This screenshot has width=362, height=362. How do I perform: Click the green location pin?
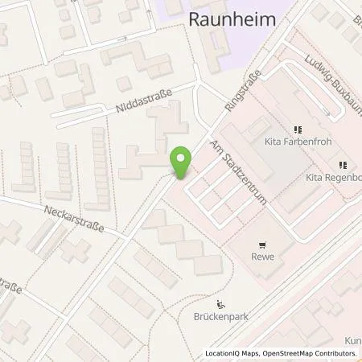pos(182,164)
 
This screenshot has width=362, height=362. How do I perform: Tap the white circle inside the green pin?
pos(182,158)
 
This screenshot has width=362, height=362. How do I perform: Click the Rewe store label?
pos(262,257)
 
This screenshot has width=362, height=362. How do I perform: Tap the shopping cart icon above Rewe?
pos(262,244)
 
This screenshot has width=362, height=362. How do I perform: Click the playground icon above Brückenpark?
pos(221,303)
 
